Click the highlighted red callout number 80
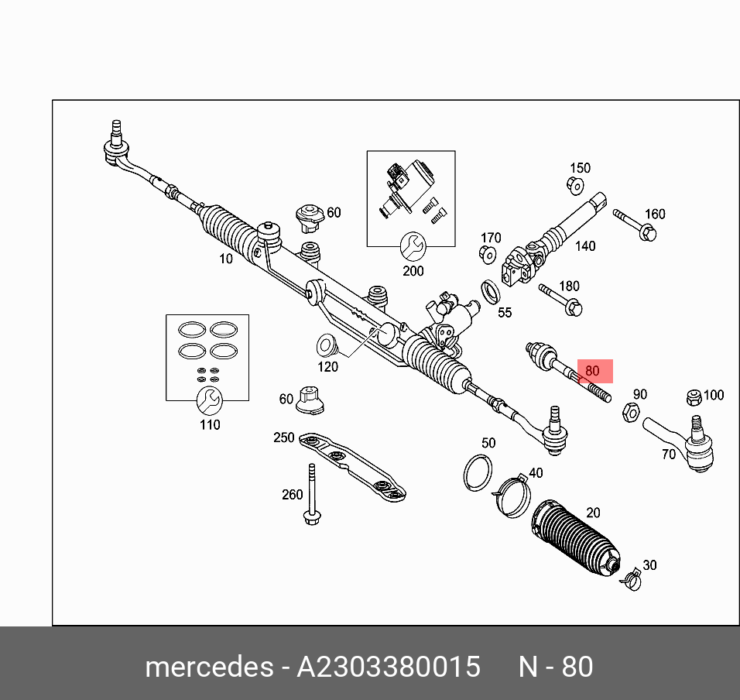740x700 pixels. [x=593, y=371]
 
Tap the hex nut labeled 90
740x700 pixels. [x=631, y=413]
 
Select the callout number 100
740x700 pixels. [x=713, y=395]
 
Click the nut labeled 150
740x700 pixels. [x=574, y=185]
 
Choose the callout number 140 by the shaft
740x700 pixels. [x=585, y=245]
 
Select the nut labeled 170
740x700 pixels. [x=488, y=254]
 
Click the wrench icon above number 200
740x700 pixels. [x=413, y=247]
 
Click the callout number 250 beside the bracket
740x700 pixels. [x=283, y=437]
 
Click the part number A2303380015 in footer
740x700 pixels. [x=389, y=667]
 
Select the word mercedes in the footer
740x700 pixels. [x=208, y=667]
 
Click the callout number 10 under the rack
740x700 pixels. [x=225, y=259]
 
